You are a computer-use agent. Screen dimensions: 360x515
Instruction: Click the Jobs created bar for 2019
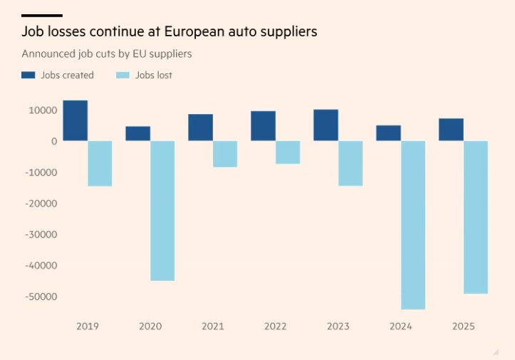point(75,120)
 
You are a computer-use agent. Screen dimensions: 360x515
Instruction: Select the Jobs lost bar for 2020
point(162,210)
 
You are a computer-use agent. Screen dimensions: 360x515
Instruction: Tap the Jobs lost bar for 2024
point(413,225)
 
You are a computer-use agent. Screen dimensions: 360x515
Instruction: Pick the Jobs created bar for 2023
point(326,125)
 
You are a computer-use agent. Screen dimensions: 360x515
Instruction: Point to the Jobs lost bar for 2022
point(288,152)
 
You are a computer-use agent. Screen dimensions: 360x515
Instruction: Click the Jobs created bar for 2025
point(451,129)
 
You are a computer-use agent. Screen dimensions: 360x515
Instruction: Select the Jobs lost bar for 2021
point(225,153)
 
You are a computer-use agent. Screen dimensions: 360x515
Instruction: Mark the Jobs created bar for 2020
point(137,133)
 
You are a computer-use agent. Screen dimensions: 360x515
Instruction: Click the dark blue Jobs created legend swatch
point(28,75)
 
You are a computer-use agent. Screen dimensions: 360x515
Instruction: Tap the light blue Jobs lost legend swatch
point(122,75)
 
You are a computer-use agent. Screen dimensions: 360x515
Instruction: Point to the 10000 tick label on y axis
point(42,110)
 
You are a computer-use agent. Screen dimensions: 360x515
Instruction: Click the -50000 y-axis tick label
point(40,297)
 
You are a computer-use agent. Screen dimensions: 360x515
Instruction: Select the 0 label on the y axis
point(53,141)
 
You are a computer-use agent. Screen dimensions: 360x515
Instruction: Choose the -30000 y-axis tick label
point(40,235)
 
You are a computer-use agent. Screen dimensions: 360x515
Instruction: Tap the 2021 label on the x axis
point(213,326)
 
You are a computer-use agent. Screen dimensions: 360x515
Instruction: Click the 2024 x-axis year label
point(401,326)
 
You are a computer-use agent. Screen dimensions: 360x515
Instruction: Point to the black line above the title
point(41,15)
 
